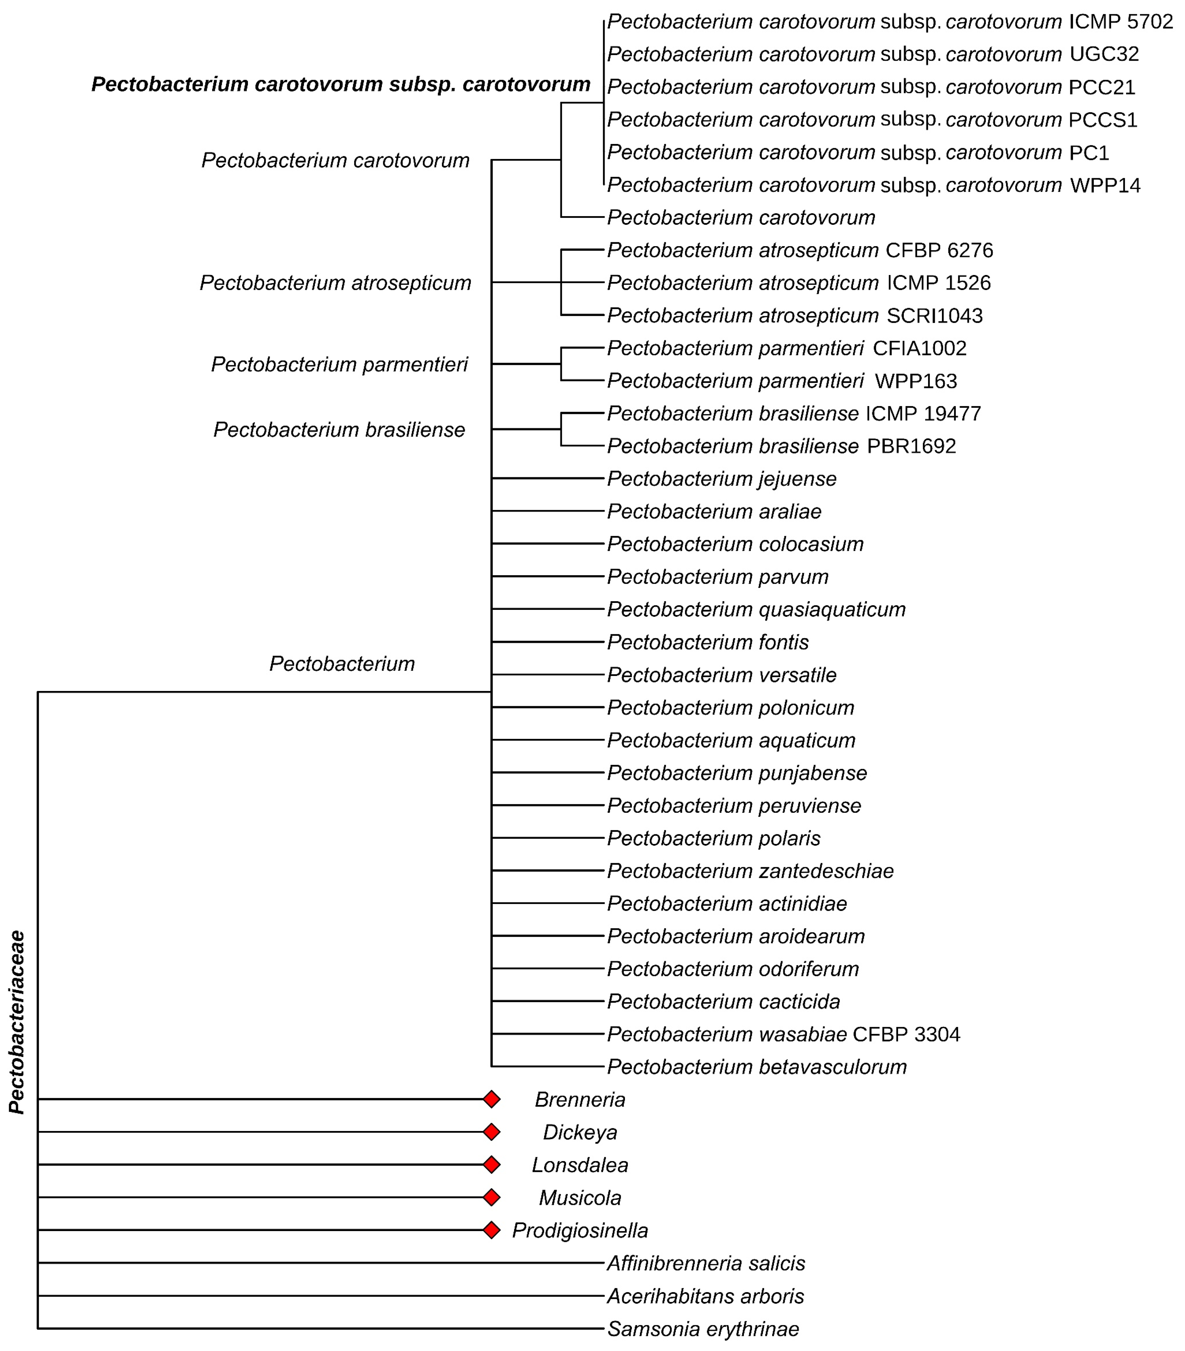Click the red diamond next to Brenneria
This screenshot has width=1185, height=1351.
coord(491,1099)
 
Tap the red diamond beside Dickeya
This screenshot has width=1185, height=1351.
coord(491,1132)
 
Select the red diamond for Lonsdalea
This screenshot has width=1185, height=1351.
coord(491,1165)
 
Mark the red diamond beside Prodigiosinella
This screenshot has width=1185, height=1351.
coord(491,1230)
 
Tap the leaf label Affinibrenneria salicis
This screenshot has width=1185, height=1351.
coord(706,1263)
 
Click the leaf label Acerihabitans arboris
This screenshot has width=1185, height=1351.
coord(705,1296)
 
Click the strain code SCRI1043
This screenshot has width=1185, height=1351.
coord(934,316)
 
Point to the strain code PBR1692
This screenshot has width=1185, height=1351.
coord(911,446)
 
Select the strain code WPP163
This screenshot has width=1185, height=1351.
coord(916,381)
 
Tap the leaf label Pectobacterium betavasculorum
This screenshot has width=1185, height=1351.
coord(757,1067)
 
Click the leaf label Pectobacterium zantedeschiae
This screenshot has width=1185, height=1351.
coord(750,871)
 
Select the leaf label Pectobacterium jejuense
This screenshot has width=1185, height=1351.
coord(722,478)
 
